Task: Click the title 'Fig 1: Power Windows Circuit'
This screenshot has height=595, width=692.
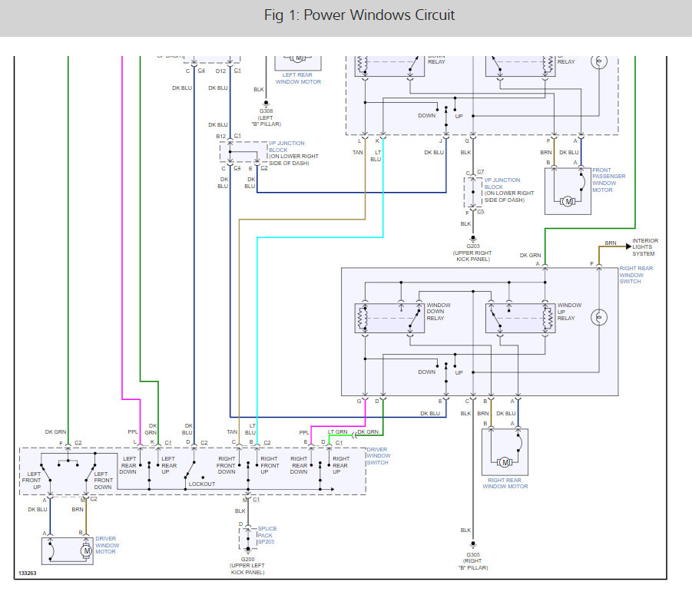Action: click(x=359, y=15)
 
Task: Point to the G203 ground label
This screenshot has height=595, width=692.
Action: click(x=472, y=246)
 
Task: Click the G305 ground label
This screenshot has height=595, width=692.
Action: click(x=473, y=554)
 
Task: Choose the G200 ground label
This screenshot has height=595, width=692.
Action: click(x=247, y=560)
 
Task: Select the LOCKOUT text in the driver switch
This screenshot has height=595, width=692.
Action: click(x=202, y=484)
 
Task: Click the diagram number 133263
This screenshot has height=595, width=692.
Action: click(x=27, y=574)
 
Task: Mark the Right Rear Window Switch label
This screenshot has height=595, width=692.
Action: click(x=636, y=275)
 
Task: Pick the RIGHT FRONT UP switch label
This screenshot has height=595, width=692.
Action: click(x=269, y=465)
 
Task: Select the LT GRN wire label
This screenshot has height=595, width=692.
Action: click(x=337, y=432)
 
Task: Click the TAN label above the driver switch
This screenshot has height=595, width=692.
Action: click(x=232, y=432)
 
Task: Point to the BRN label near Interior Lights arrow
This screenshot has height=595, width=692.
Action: click(x=611, y=243)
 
